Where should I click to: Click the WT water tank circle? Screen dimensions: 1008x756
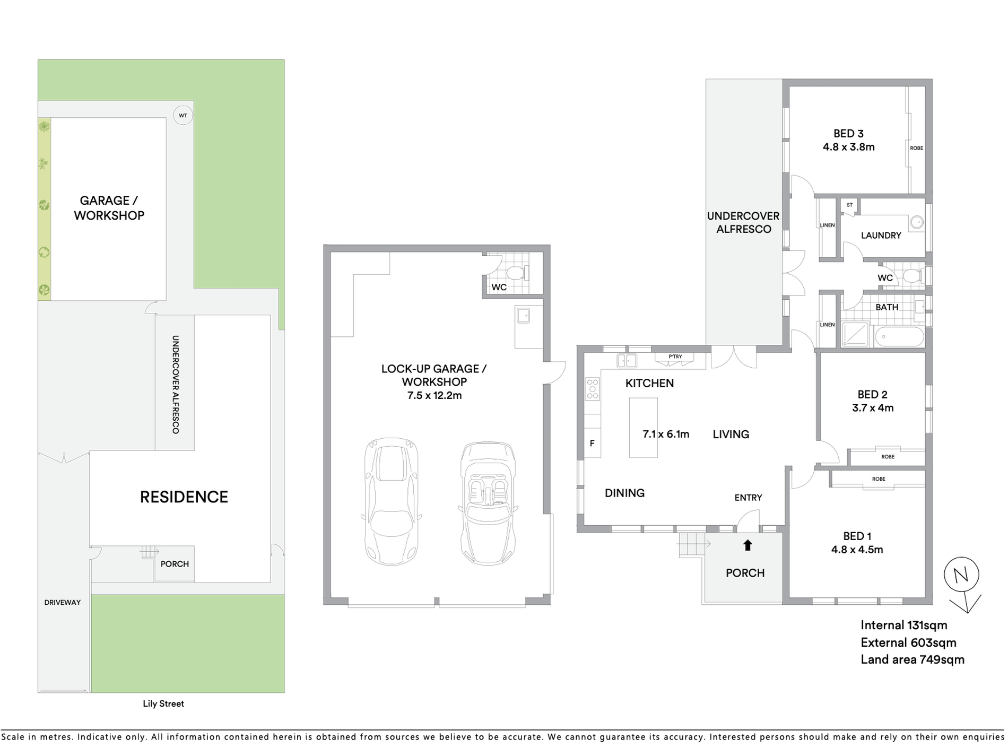click(x=183, y=115)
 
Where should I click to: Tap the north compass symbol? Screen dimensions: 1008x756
click(x=962, y=584)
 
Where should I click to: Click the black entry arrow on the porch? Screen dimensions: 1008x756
click(x=748, y=545)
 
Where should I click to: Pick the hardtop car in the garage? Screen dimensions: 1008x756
click(x=392, y=501)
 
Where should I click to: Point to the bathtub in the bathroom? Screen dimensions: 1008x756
click(x=899, y=337)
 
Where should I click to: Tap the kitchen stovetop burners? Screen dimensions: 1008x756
click(x=593, y=389)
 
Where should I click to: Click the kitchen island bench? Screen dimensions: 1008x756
click(x=643, y=428)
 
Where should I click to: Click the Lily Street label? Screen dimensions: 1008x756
click(x=163, y=703)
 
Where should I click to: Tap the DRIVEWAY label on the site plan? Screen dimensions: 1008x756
click(x=63, y=602)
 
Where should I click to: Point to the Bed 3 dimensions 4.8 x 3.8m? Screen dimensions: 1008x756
click(x=849, y=147)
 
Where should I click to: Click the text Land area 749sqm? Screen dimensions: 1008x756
click(x=913, y=659)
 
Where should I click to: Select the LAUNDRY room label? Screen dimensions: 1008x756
click(x=881, y=235)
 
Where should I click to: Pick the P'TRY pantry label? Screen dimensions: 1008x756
click(x=675, y=357)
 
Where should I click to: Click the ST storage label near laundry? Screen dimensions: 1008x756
click(x=850, y=205)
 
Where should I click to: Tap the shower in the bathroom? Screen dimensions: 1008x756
click(x=855, y=335)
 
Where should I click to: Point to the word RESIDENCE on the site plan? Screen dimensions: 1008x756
click(x=184, y=497)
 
